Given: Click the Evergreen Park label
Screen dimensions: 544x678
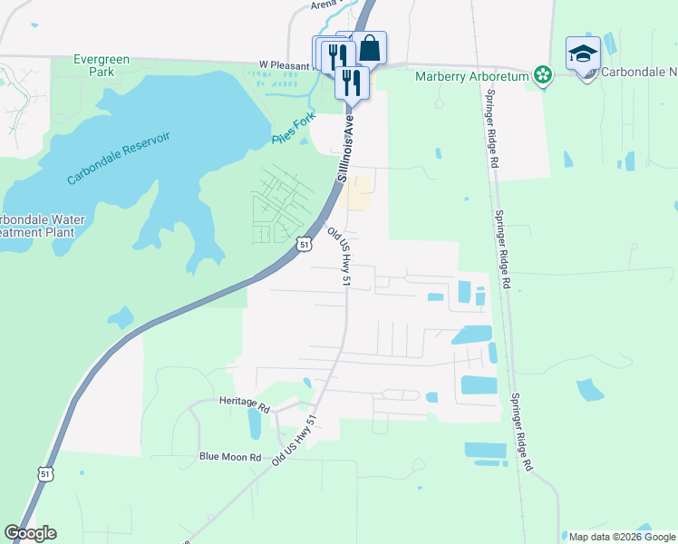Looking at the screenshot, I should (x=102, y=65).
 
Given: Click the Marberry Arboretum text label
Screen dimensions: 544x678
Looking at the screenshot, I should (x=471, y=76).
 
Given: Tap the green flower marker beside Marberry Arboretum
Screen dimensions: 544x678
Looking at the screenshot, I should (x=542, y=75).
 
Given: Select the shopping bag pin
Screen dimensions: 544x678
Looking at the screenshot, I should (x=369, y=48).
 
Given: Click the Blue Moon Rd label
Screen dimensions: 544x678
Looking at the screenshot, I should (x=230, y=457).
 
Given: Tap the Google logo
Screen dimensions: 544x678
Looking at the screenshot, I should (x=30, y=533).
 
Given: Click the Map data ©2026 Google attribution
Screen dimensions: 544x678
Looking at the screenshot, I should (x=622, y=537).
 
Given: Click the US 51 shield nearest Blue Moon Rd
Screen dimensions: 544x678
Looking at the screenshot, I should (x=46, y=473).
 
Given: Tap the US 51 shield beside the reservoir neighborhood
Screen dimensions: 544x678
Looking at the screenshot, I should (x=305, y=244).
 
